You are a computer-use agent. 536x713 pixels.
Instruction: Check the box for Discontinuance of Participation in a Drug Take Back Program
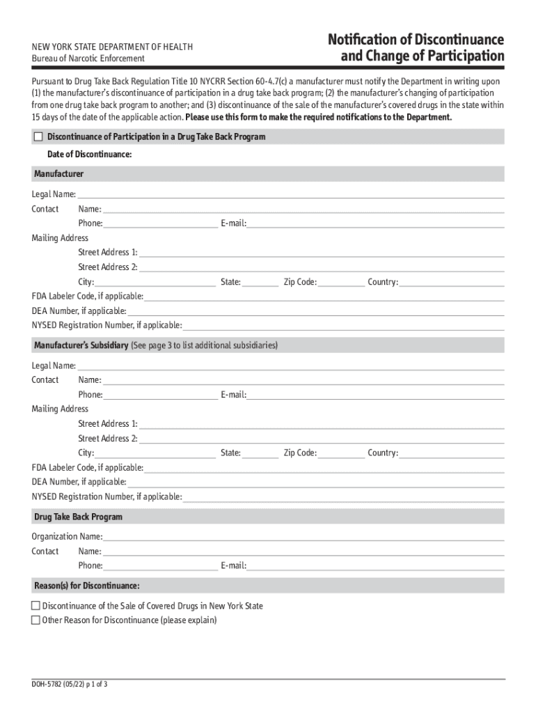coord(38,137)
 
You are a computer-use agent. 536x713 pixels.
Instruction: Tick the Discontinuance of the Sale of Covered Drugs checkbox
coord(36,606)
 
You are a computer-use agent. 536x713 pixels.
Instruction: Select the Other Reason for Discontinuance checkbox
coord(36,620)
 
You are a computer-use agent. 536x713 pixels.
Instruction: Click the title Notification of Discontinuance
coord(416,39)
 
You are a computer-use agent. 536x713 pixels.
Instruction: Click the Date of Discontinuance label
coord(89,153)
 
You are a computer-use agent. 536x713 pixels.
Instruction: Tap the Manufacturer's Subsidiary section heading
coord(81,345)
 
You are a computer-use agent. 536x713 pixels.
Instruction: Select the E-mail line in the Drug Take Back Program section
coord(376,565)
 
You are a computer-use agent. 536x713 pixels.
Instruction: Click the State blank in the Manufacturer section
coord(260,282)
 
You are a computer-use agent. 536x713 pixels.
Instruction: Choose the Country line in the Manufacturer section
coord(452,282)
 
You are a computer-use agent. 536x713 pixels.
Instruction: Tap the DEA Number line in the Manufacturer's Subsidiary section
coord(315,482)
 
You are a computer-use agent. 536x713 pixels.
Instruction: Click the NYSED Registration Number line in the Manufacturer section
coord(343,325)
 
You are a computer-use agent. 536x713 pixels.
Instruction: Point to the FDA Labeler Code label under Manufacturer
coord(88,296)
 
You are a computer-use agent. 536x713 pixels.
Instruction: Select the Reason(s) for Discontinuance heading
coord(87,585)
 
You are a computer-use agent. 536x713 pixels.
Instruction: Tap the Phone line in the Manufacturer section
coord(160,224)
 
